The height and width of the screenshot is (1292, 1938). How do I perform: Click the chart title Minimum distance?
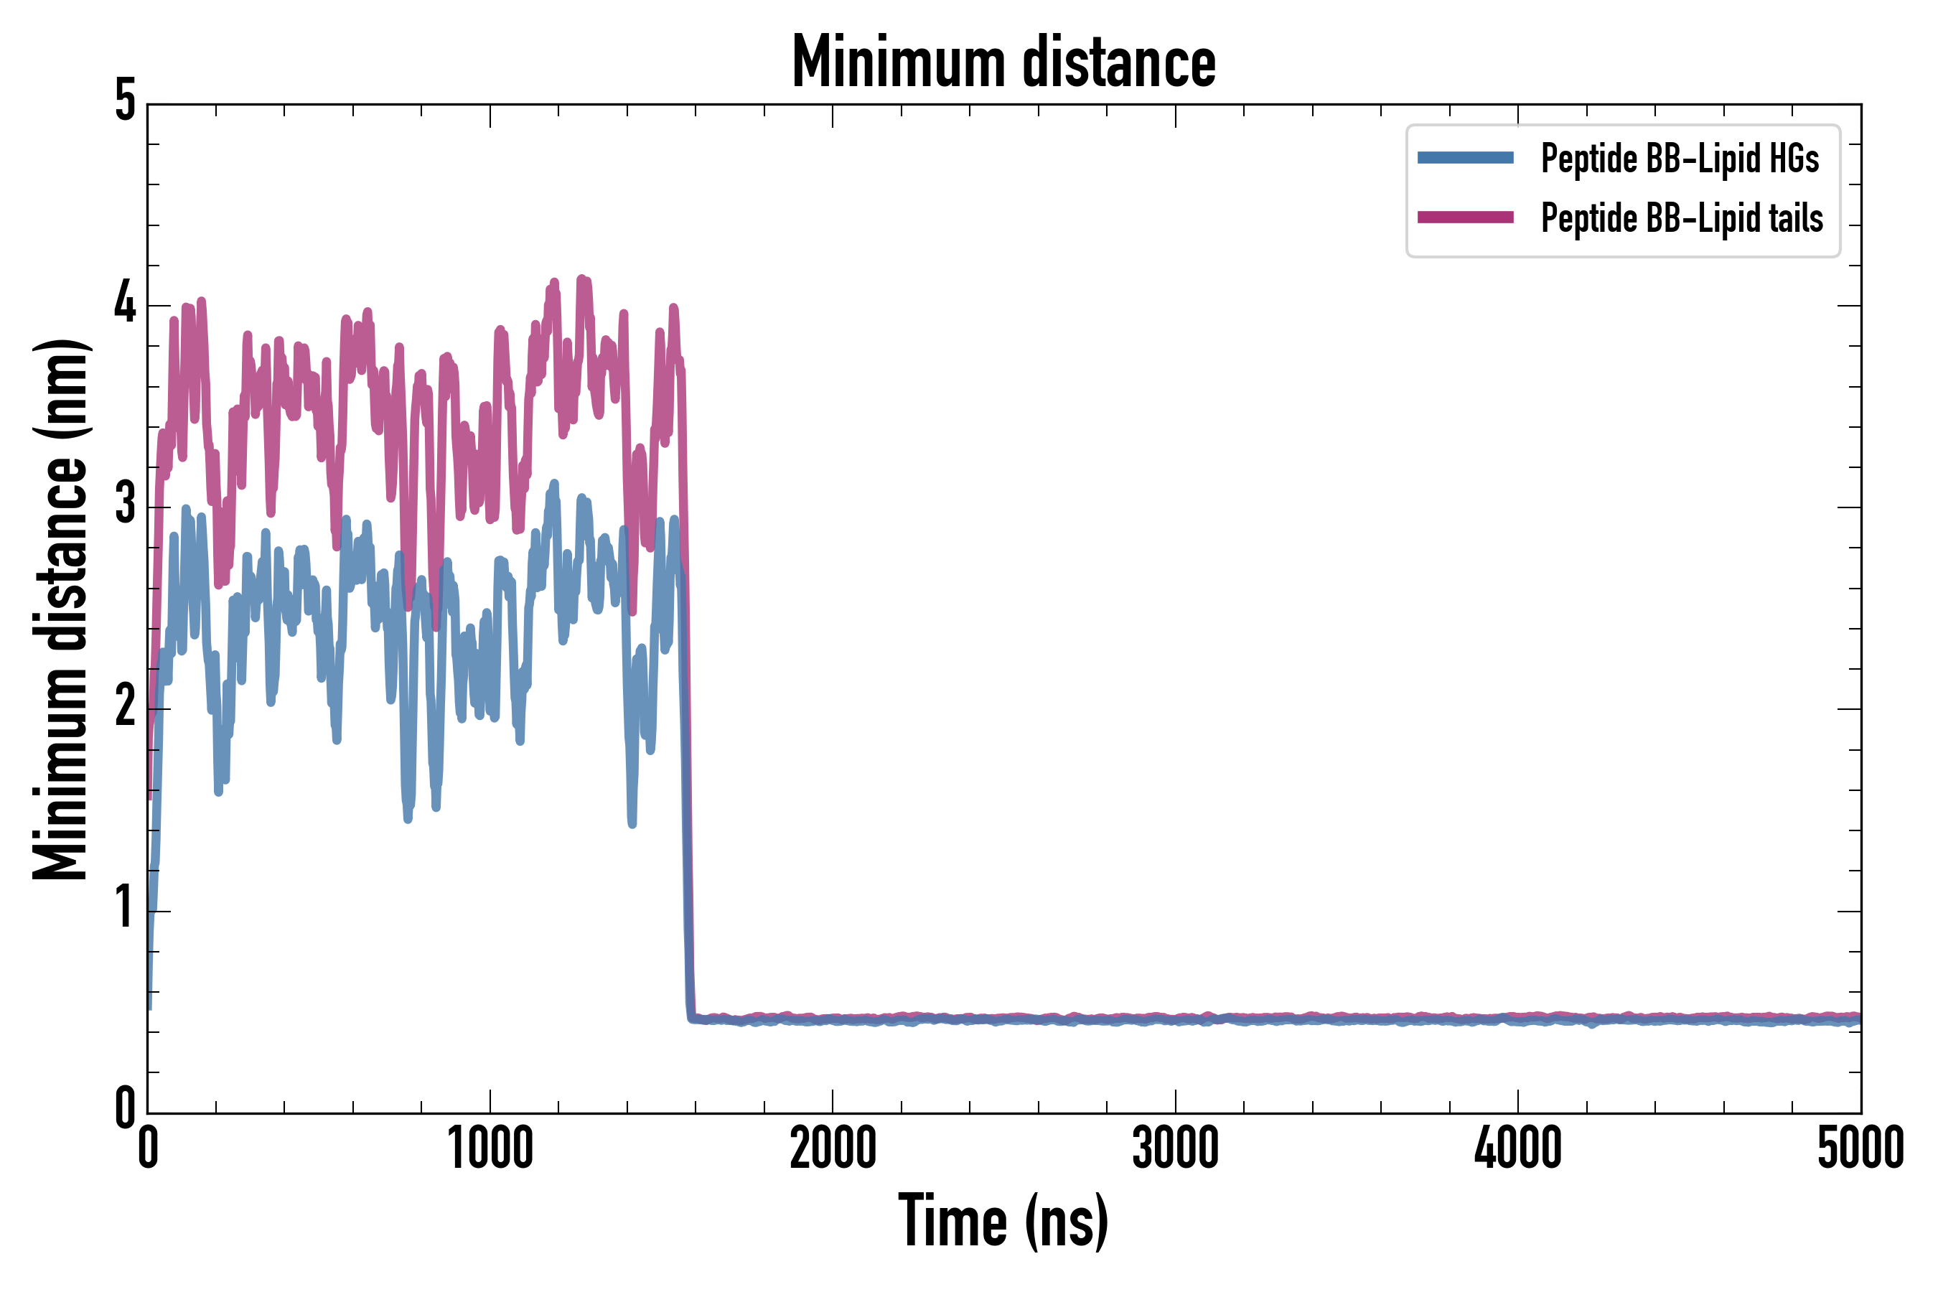[x=1003, y=62]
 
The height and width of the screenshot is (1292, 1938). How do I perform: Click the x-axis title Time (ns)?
[x=1003, y=1220]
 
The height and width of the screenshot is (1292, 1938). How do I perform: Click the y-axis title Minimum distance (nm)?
[x=60, y=609]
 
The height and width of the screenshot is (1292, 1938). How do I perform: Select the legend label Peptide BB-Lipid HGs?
[x=1680, y=157]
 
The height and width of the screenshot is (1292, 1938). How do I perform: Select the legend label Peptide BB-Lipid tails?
[x=1682, y=217]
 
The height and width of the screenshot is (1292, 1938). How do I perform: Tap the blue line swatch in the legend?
[x=1465, y=157]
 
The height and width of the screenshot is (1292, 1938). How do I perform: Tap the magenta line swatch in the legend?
[x=1465, y=217]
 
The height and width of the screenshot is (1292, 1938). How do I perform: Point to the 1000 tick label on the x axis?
[x=490, y=1148]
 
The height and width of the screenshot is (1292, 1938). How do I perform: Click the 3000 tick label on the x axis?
[x=1175, y=1148]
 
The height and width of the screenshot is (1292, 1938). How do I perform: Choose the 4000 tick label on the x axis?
[x=1518, y=1148]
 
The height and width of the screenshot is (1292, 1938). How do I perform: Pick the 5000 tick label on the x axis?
[x=1860, y=1148]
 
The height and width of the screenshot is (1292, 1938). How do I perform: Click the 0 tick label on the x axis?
[x=147, y=1148]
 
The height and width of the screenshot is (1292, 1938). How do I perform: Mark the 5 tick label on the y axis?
[x=125, y=101]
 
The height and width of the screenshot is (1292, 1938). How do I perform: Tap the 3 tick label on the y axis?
[x=125, y=505]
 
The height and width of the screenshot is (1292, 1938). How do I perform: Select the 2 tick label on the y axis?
[x=125, y=707]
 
